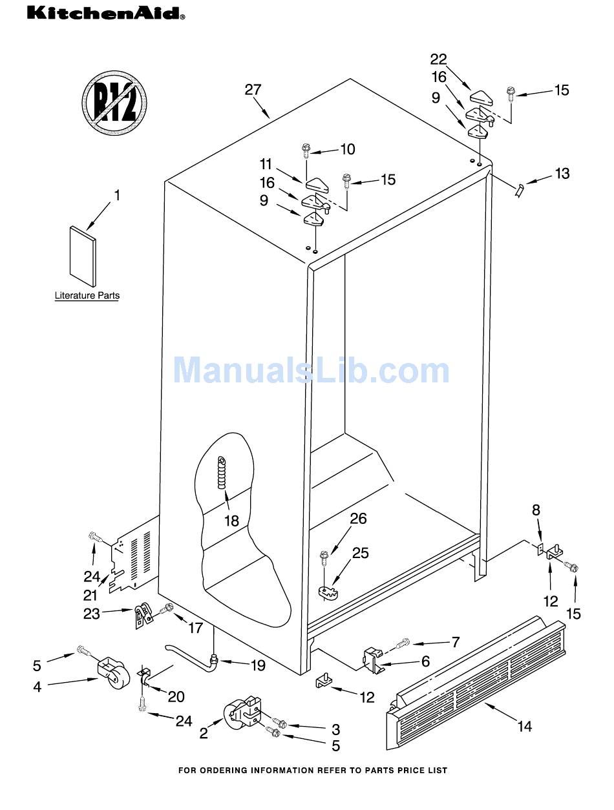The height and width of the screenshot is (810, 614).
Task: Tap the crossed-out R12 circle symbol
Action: [x=114, y=103]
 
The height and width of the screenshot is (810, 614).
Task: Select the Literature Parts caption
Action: [x=87, y=296]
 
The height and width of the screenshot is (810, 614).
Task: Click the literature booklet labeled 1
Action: [x=83, y=256]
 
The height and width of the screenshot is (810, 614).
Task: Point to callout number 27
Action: [x=252, y=90]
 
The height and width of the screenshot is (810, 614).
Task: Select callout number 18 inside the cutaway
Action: [x=231, y=520]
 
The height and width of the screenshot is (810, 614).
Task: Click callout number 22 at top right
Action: [x=439, y=59]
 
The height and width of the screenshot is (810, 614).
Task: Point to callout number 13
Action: [x=562, y=173]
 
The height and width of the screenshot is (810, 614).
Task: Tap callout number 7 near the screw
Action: [x=455, y=642]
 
